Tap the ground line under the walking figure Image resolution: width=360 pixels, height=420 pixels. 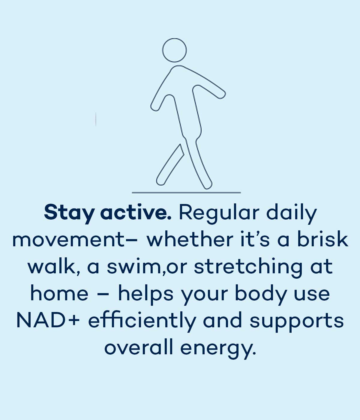coord(186,192)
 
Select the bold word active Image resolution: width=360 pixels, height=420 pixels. coord(136,212)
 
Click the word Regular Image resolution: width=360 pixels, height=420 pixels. coord(219,214)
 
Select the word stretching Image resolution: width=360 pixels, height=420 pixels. coord(248,268)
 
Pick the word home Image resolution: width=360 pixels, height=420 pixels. coord(59,293)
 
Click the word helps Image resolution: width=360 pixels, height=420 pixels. coord(146,295)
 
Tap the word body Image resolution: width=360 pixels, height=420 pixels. coord(261,295)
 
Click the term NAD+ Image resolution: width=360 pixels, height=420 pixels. coord(48,320)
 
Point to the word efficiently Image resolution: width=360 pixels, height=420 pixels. coord(142,322)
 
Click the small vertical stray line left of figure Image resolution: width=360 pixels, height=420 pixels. coord(96,119)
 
